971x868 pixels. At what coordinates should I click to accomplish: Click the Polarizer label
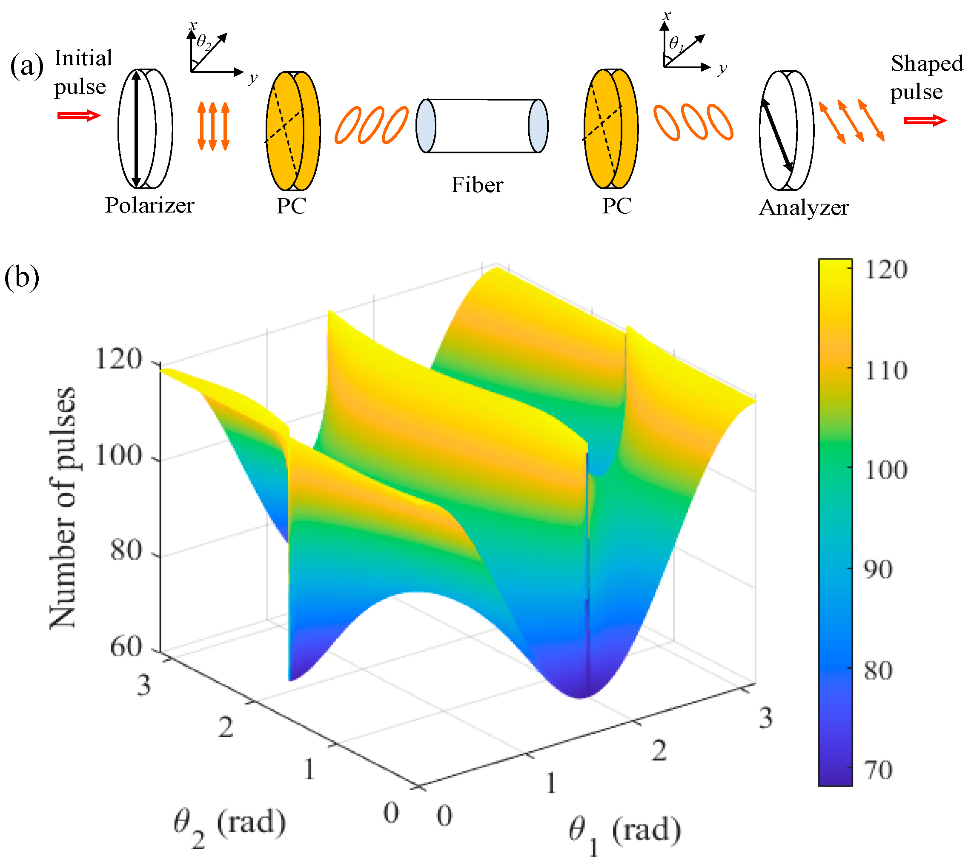click(149, 205)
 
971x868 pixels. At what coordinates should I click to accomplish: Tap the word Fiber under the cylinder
click(477, 184)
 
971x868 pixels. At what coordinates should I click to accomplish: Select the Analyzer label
click(804, 207)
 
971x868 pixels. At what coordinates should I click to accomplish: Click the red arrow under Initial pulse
click(79, 115)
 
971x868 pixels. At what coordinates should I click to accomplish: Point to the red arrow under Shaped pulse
click(925, 121)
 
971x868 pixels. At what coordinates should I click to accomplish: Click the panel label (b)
click(21, 277)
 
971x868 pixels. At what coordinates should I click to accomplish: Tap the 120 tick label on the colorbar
click(886, 270)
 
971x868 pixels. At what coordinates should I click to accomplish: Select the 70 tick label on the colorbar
click(878, 770)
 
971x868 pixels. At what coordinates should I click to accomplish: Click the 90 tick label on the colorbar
click(878, 569)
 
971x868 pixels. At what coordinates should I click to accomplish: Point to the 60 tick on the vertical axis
click(126, 647)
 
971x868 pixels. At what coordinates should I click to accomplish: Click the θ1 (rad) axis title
click(624, 832)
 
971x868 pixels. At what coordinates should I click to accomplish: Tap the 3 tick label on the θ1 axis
click(765, 718)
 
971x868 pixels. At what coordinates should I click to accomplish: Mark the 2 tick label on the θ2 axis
click(226, 727)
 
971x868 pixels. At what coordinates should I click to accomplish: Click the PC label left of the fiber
click(292, 206)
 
